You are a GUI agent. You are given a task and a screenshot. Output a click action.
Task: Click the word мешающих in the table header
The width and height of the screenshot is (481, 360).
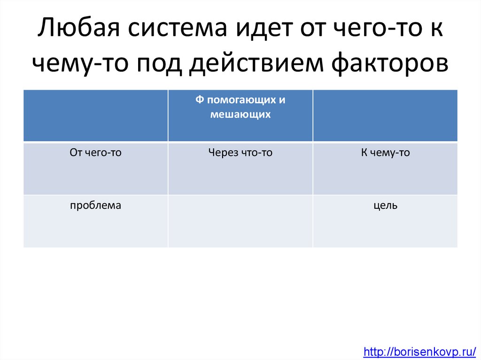coord(240,114)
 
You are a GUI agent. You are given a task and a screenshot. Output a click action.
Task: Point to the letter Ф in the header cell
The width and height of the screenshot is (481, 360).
coord(199,100)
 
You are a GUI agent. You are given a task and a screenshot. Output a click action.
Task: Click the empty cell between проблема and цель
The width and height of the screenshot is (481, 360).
coord(240,221)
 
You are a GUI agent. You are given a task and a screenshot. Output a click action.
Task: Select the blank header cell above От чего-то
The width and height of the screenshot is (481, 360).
coord(95,115)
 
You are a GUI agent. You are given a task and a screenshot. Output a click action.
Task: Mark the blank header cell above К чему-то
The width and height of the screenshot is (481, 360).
coord(385,115)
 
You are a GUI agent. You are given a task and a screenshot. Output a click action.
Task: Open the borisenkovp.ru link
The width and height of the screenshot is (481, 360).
coord(420,351)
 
